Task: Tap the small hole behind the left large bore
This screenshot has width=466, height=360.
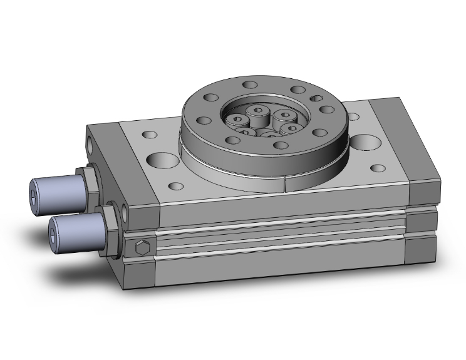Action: pos(151,135)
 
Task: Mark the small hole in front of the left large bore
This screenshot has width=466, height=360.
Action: pos(177,186)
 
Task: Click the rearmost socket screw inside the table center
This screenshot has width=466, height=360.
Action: pos(257,111)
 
